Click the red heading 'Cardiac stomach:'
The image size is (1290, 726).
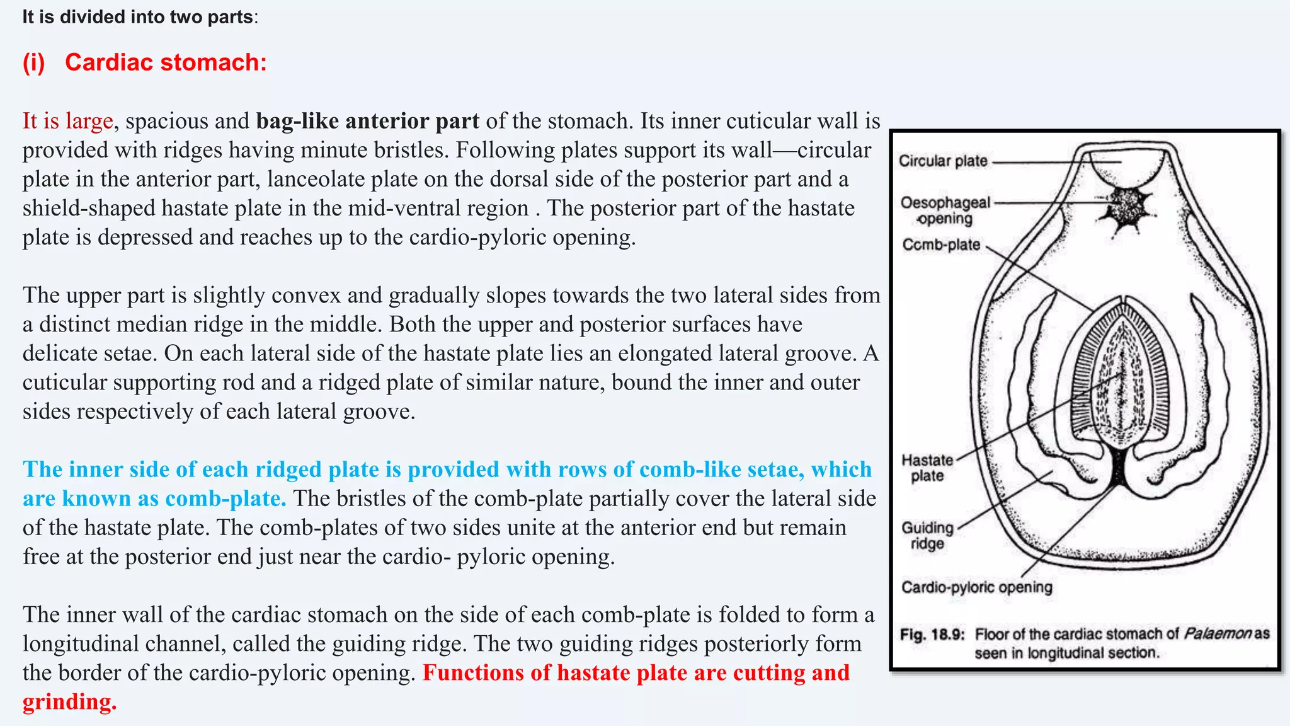point(166,62)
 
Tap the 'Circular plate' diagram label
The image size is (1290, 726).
point(943,161)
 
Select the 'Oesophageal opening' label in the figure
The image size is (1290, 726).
point(945,210)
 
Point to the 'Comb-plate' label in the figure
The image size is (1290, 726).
point(941,245)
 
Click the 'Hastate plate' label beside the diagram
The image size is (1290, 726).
point(927,468)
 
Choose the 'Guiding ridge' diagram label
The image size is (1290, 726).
point(927,535)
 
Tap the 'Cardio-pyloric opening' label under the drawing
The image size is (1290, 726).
point(976,587)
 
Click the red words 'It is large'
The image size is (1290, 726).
point(67,120)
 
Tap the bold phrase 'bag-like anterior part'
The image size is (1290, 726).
point(367,120)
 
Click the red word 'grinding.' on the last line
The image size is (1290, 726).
point(69,701)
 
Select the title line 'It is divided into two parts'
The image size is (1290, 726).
point(139,17)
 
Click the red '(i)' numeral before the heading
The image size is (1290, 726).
point(34,62)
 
